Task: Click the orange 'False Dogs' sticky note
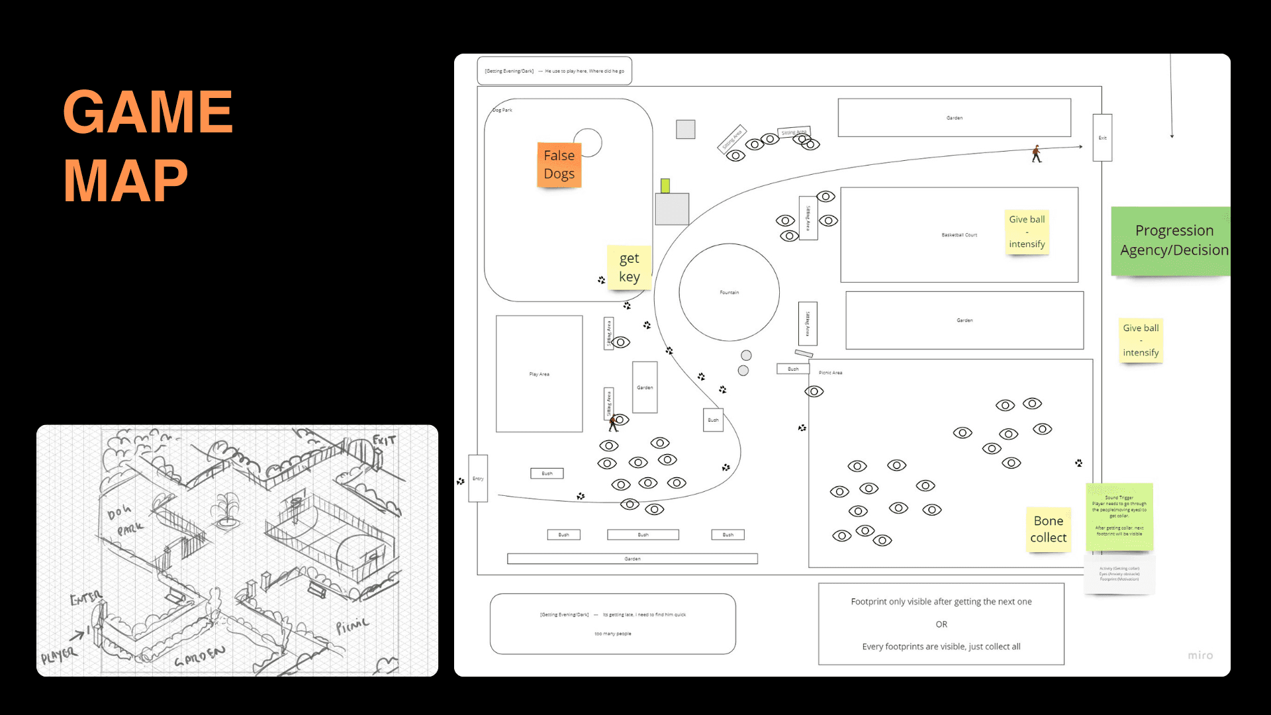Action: [559, 165]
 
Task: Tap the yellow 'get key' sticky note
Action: [629, 267]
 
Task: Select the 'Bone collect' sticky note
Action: [1048, 529]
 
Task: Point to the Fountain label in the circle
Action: [729, 292]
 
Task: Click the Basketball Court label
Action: [959, 235]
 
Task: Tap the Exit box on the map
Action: [1102, 138]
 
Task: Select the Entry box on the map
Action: [478, 479]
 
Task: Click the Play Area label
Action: [539, 374]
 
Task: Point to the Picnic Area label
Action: [830, 373]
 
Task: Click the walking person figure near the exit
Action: [1037, 154]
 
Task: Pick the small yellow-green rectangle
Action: [665, 185]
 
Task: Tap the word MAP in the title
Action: [126, 180]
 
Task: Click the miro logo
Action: [1200, 655]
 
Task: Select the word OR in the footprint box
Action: [941, 624]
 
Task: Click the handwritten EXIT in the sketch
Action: [384, 440]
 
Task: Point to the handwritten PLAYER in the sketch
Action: [59, 655]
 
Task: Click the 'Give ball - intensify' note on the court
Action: [1027, 232]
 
